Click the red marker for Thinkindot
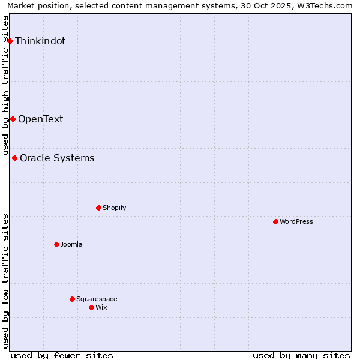[x=10, y=41]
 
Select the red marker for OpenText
[x=13, y=119]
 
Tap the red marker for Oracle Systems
[x=15, y=158]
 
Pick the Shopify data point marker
[x=98, y=208]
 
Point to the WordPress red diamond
[x=275, y=221]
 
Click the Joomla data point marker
[x=56, y=244]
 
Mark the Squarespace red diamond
[x=72, y=299]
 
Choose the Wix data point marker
[x=91, y=307]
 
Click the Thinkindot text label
[x=40, y=41]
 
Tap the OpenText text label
[x=40, y=119]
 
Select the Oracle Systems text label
[x=57, y=158]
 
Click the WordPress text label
[x=296, y=221]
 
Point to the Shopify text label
[x=114, y=208]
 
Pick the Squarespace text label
[x=97, y=299]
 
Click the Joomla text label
[x=71, y=244]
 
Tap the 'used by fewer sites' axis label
[x=62, y=355]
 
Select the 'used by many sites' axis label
[x=301, y=355]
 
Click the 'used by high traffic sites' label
[x=6, y=85]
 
